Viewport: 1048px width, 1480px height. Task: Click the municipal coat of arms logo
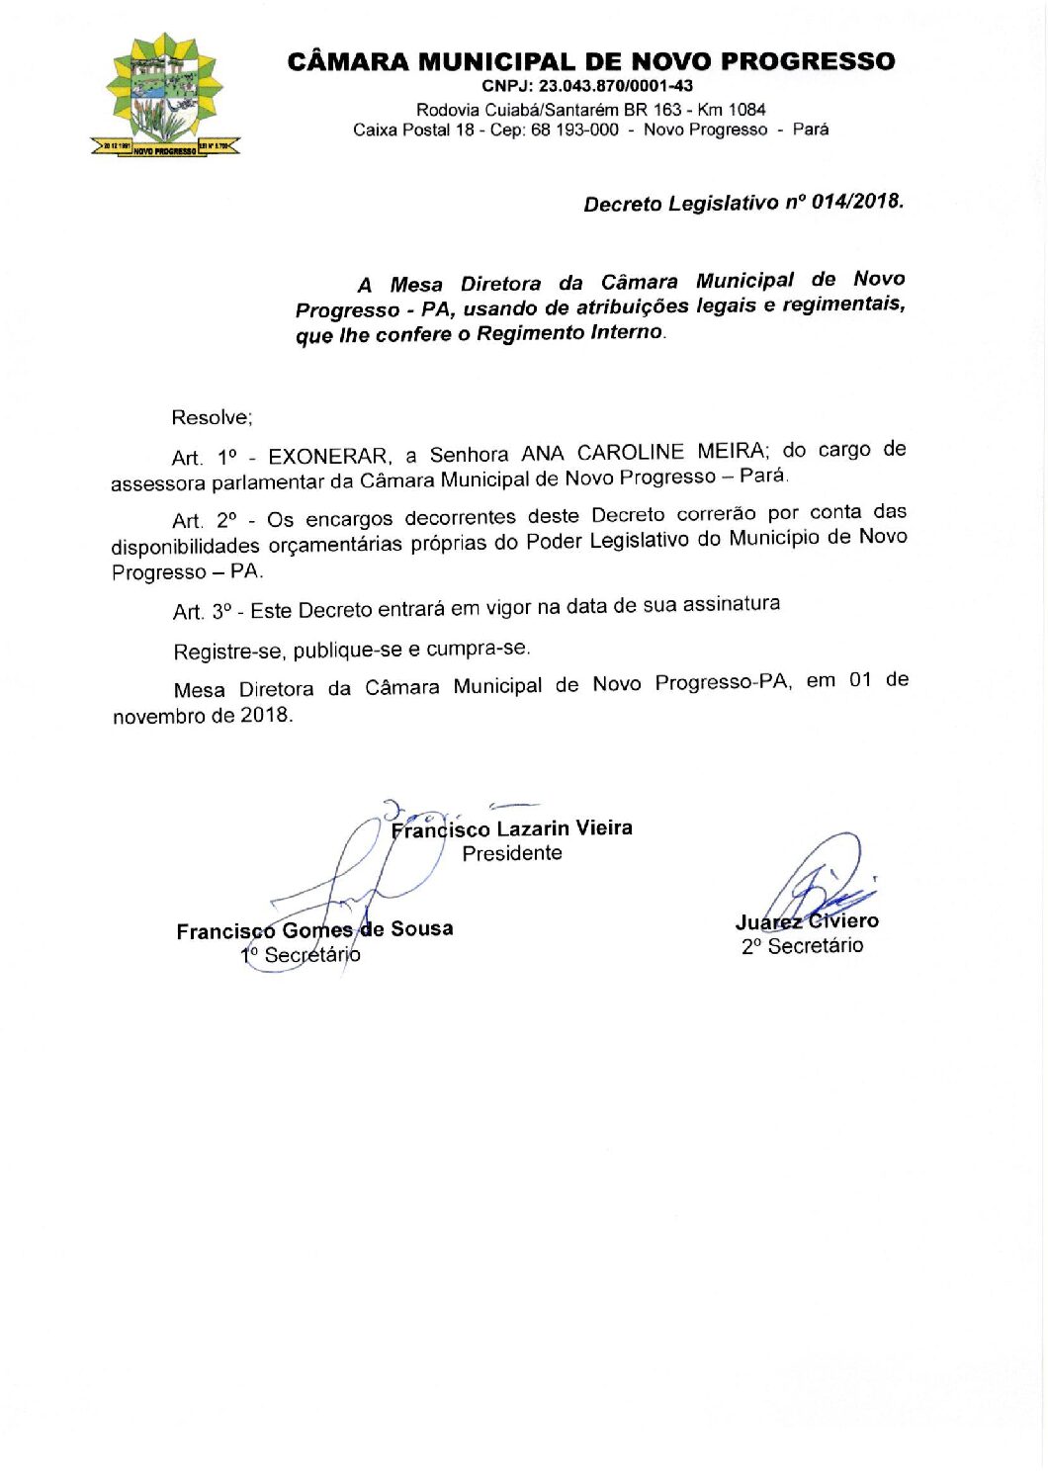coord(164,95)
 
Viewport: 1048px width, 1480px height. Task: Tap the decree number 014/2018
coord(856,202)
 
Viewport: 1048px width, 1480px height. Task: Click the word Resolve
coord(211,417)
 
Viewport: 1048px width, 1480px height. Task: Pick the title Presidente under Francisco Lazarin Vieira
coord(512,853)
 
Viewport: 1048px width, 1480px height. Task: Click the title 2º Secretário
coord(802,946)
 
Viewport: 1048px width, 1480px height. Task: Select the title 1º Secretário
coord(301,955)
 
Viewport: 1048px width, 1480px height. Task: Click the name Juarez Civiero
coord(807,921)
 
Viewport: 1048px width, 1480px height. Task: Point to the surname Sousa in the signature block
coord(421,928)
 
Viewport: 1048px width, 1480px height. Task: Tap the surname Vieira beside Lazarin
coord(603,827)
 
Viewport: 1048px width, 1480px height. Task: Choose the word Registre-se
coord(228,652)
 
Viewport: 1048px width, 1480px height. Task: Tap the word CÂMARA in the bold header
coord(347,61)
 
